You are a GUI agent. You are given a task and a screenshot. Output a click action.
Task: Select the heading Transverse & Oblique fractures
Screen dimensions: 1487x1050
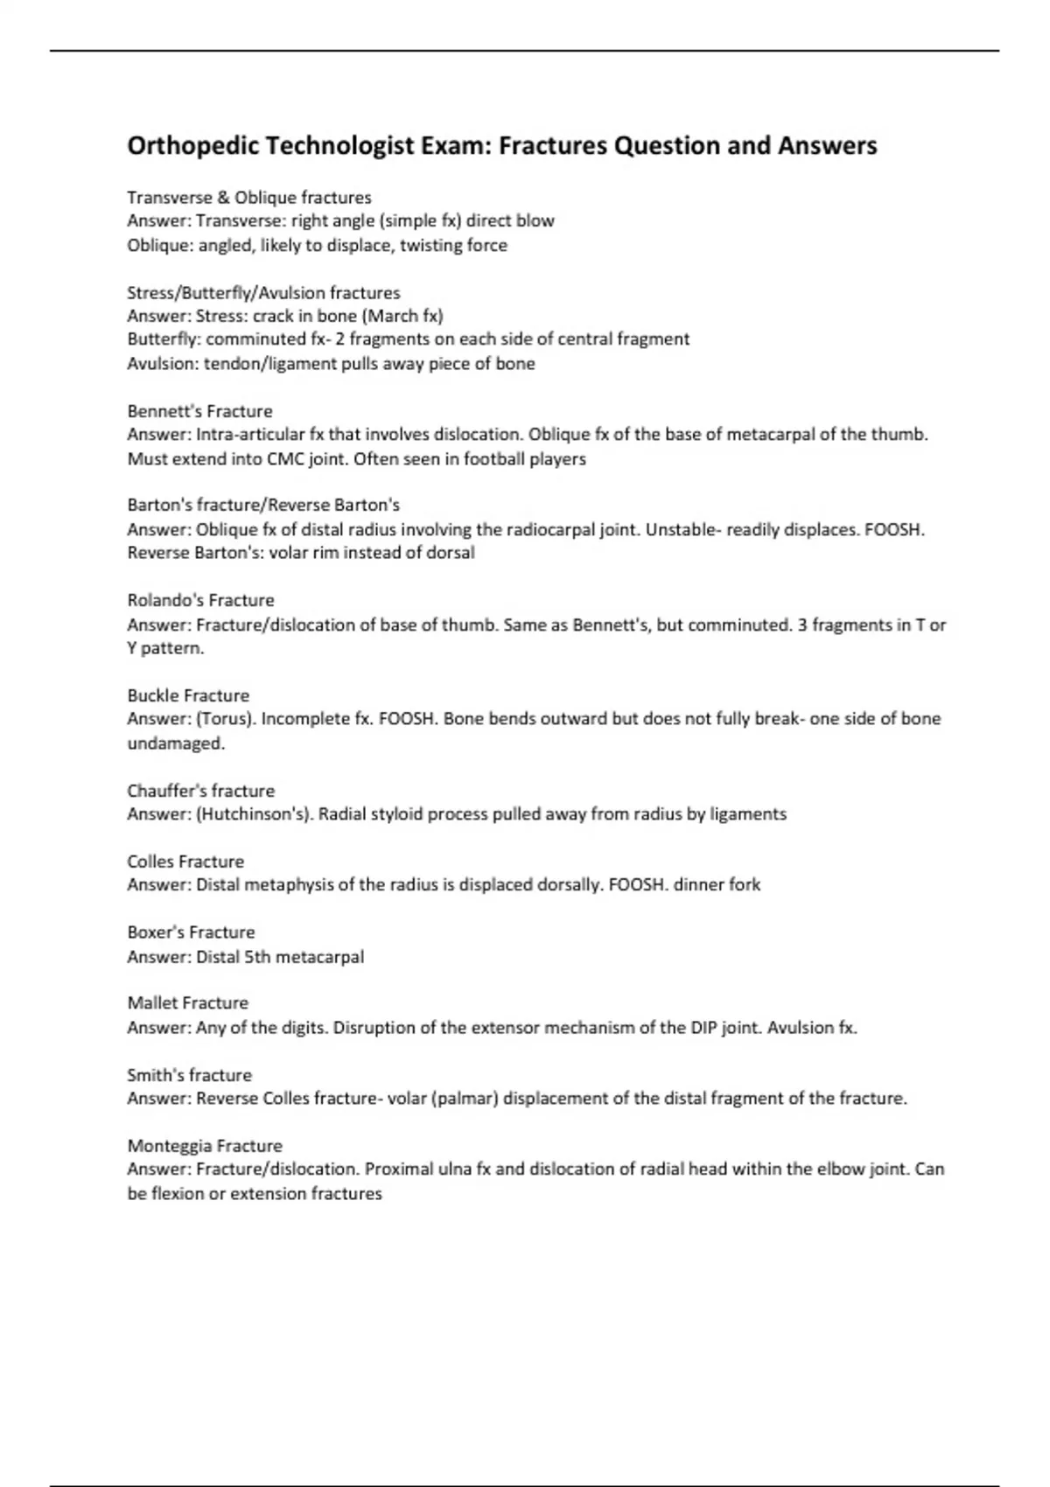point(249,198)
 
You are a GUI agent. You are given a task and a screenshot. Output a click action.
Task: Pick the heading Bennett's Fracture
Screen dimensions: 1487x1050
point(199,411)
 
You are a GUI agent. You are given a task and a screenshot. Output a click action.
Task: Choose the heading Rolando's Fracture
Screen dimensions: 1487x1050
point(200,601)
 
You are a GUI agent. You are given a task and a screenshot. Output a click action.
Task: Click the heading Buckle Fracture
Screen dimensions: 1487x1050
point(188,696)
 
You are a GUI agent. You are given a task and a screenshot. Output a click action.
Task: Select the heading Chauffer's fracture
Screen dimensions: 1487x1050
point(200,791)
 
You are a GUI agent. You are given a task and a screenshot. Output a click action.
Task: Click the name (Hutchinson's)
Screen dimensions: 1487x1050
point(255,814)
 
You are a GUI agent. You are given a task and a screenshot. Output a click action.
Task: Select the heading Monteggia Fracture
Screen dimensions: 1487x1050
point(205,1146)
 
